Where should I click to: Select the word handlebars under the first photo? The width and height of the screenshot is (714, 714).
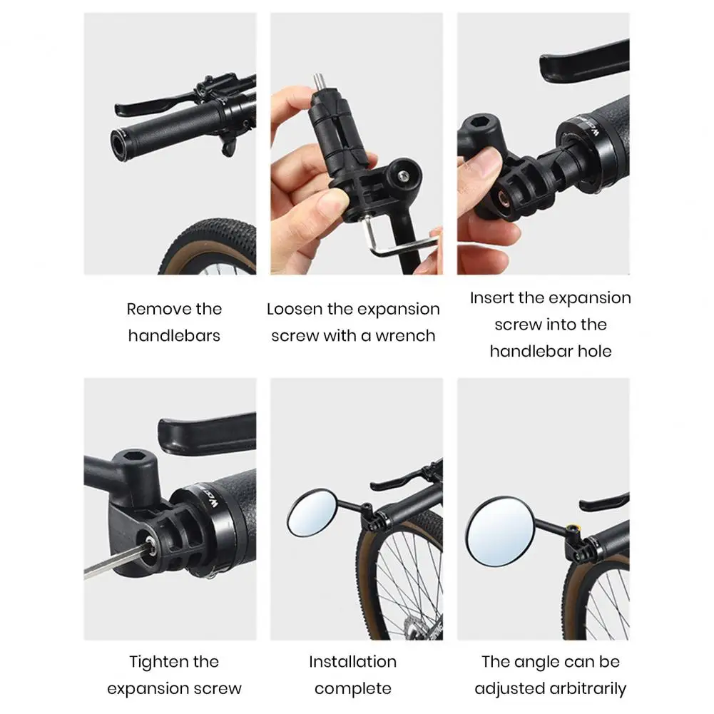click(174, 335)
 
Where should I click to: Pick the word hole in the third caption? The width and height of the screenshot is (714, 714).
click(596, 351)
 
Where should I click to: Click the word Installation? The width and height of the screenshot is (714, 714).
click(352, 662)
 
